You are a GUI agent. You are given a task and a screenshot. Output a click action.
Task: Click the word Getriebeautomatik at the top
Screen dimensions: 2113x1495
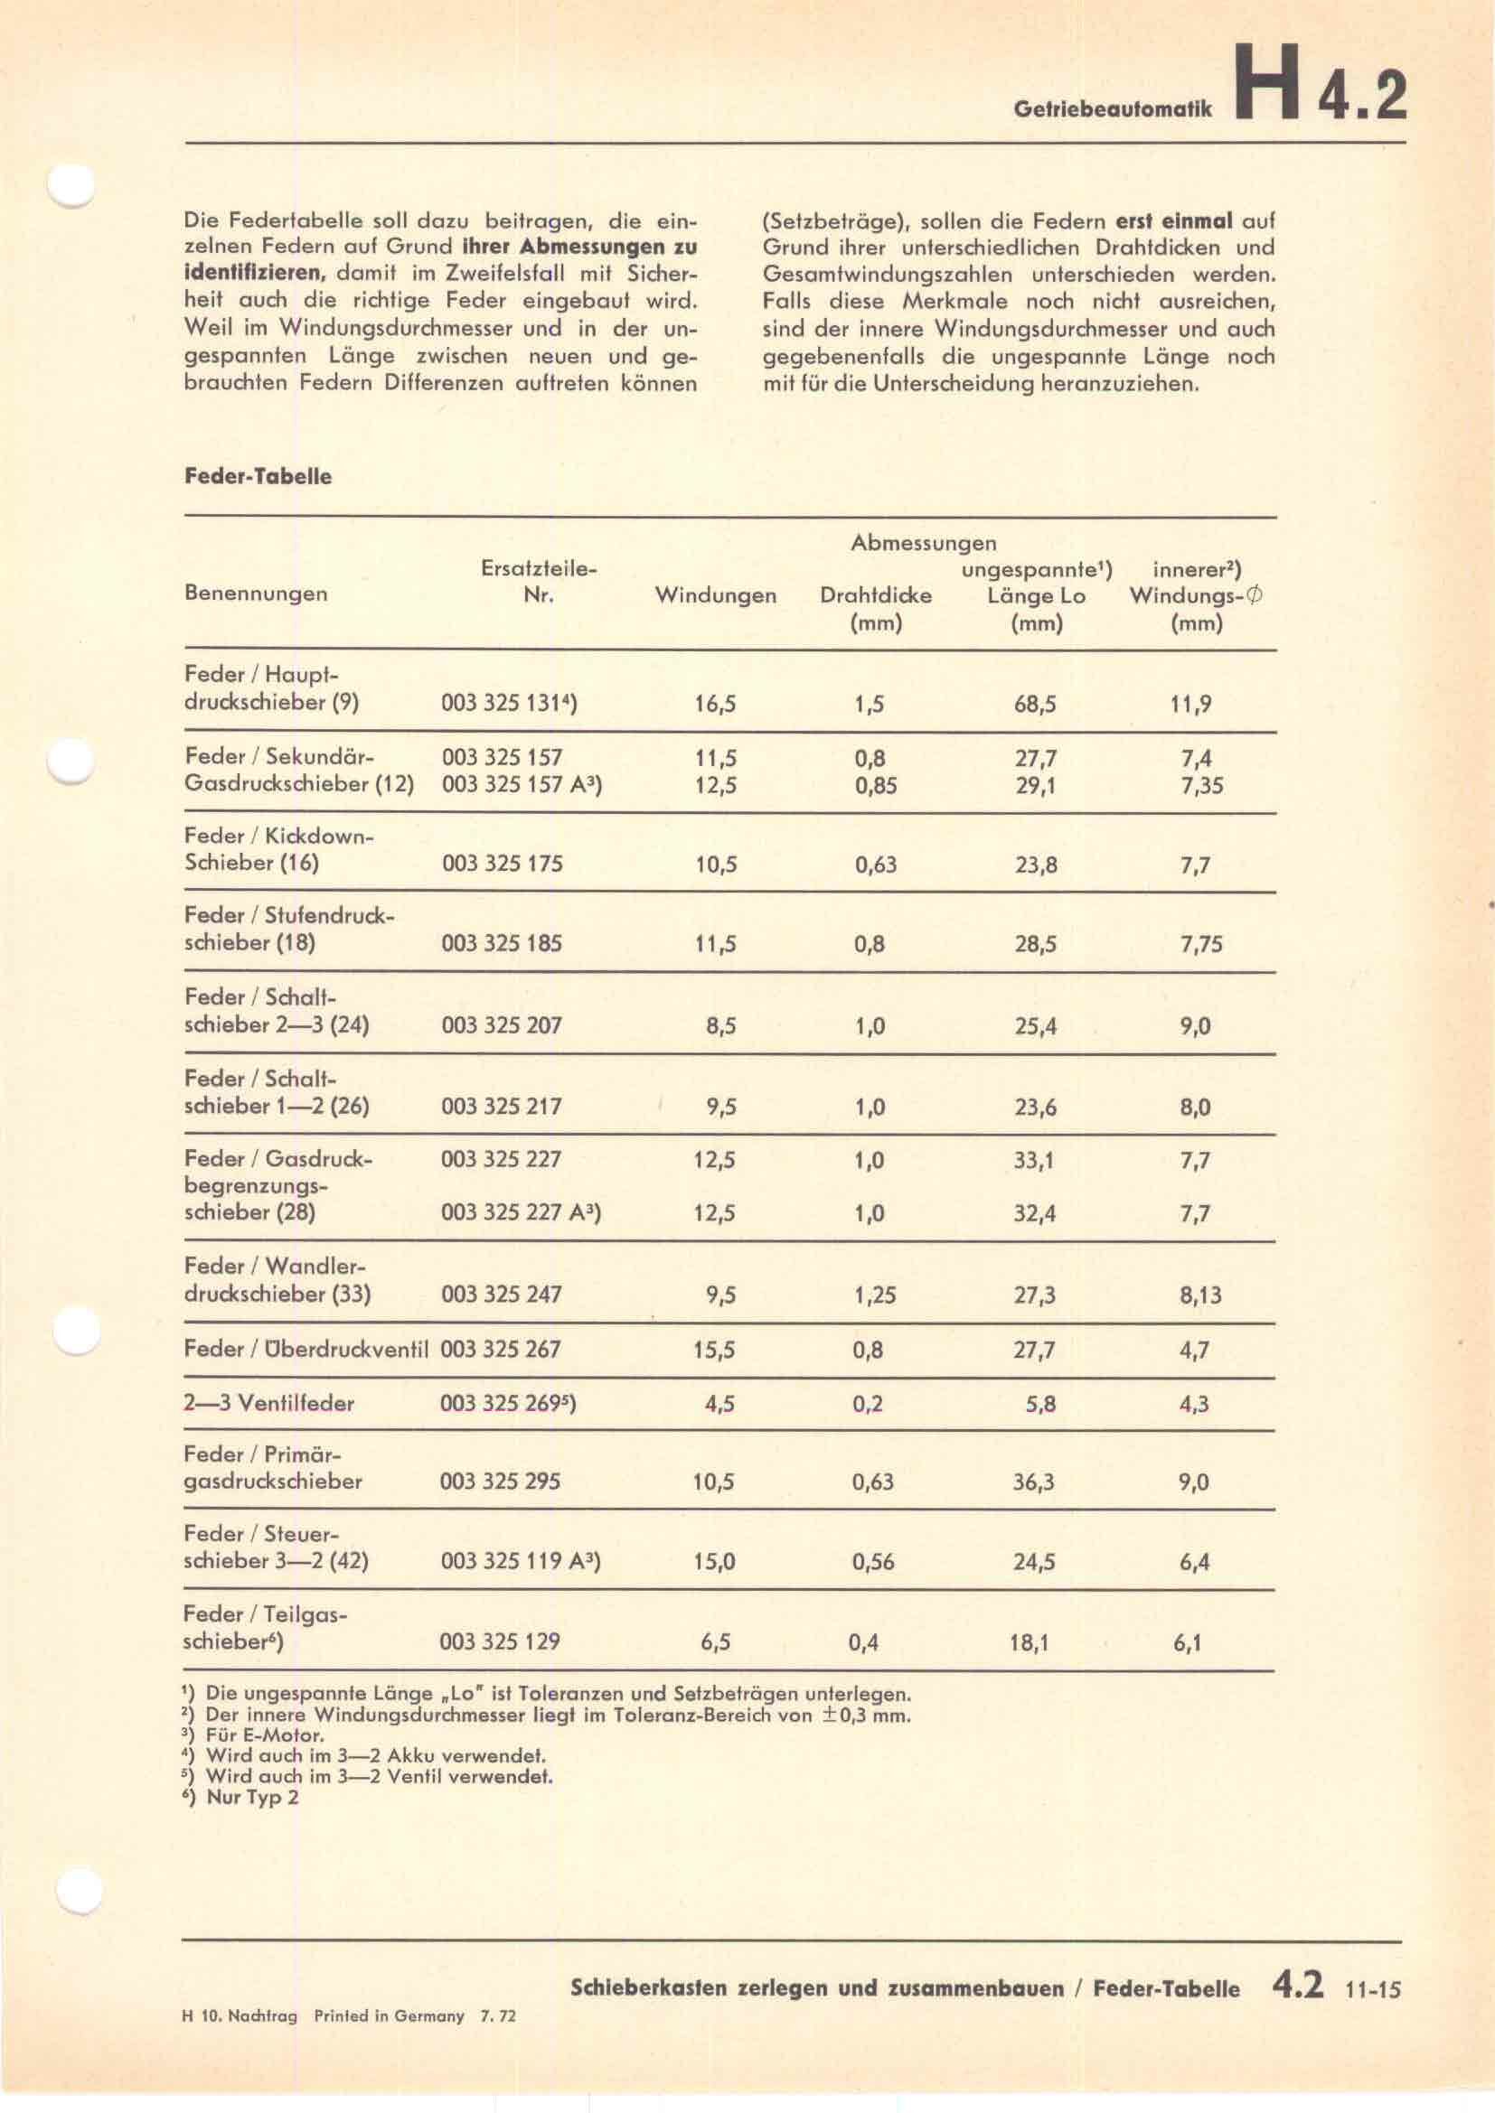click(x=1113, y=108)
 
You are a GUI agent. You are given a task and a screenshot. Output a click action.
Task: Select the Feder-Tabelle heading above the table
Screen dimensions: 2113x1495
click(x=258, y=477)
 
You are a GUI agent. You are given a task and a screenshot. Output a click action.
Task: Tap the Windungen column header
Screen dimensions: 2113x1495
click(x=715, y=595)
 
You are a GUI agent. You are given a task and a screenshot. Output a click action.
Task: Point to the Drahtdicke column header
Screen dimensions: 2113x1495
click(x=876, y=595)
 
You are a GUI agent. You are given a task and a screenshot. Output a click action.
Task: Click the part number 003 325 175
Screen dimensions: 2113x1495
click(x=502, y=864)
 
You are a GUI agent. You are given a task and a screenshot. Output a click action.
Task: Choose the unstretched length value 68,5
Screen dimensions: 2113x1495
click(x=1036, y=705)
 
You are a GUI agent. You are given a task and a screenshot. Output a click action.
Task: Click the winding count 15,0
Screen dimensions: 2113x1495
click(x=714, y=1562)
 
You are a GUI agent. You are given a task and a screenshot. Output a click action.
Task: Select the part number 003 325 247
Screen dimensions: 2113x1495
click(x=502, y=1294)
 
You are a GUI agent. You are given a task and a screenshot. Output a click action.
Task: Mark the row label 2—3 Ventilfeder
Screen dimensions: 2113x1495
click(x=268, y=1404)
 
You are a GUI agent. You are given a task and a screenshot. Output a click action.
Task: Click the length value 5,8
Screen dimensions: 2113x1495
click(x=1041, y=1405)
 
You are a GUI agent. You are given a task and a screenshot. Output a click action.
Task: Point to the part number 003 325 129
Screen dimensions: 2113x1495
click(x=501, y=1641)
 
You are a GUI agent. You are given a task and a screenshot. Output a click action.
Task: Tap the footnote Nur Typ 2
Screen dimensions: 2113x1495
click(x=252, y=1798)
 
